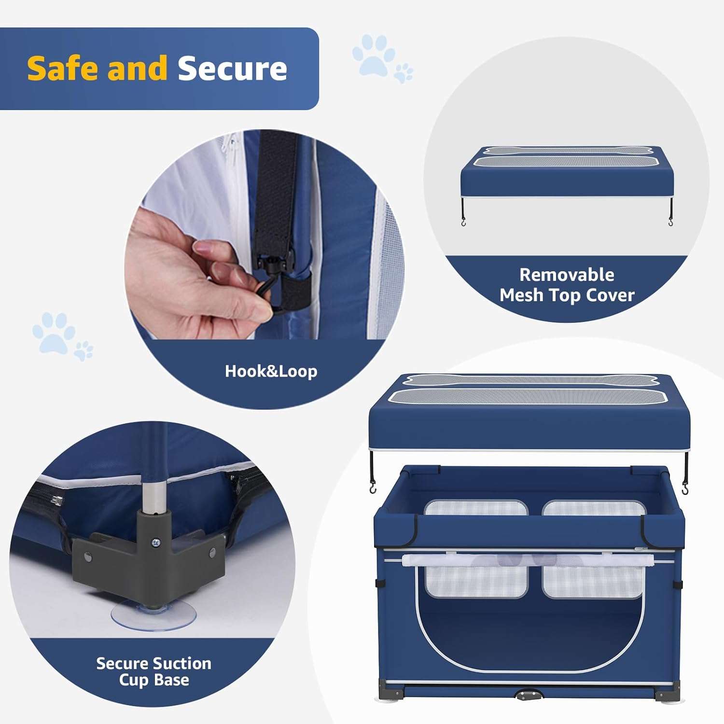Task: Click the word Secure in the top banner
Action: (x=232, y=68)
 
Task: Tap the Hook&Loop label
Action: (x=271, y=371)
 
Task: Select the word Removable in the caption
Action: (x=567, y=275)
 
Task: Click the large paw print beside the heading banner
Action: (x=373, y=54)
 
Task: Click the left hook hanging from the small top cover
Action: (x=463, y=223)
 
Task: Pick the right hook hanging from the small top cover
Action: (x=671, y=222)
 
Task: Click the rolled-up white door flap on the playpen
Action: (x=527, y=560)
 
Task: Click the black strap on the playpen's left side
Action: (x=378, y=582)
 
